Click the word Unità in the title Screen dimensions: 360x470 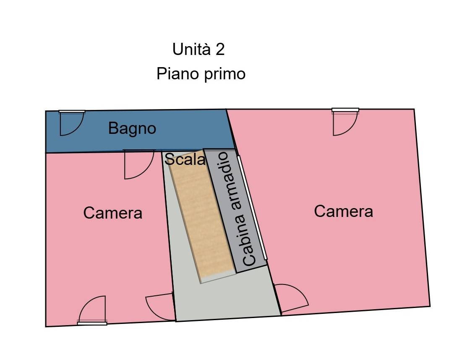coord(191,50)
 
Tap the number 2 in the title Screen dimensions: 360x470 coord(220,50)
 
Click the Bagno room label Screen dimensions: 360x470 coord(132,128)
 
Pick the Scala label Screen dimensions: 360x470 coord(185,159)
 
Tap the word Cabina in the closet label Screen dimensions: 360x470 coord(249,245)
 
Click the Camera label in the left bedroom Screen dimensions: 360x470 coord(112,213)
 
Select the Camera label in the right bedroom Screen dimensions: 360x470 coord(343,211)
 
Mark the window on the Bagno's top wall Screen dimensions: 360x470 coord(72,112)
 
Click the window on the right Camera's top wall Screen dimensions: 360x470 coord(345,110)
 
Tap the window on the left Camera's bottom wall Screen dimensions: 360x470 coord(92,323)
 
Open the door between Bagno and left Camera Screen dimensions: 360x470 coord(138,164)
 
